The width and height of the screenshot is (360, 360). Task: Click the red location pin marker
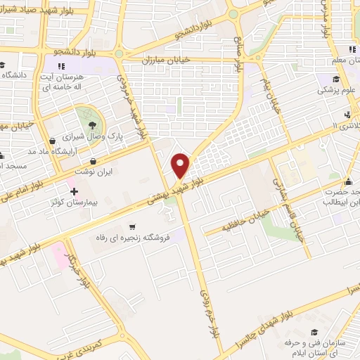[181, 165]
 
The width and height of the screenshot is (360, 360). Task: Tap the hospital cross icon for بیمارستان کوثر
[73, 191]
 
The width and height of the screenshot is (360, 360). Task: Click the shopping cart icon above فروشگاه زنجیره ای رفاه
[132, 226]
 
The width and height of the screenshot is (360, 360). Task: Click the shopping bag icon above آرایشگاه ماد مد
[53, 141]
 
